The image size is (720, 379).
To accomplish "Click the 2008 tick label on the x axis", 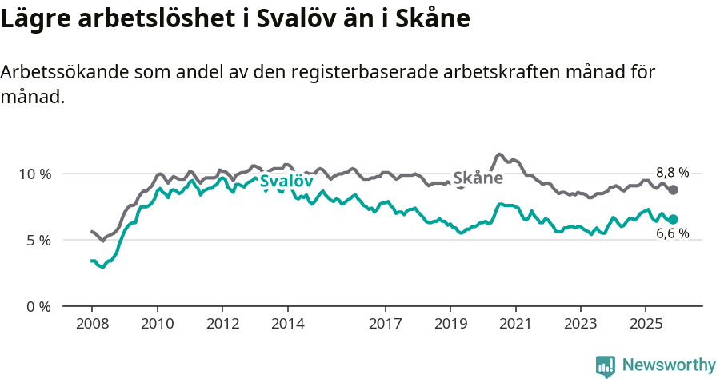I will click(x=92, y=325).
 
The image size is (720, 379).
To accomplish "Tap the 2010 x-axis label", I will click(x=158, y=325).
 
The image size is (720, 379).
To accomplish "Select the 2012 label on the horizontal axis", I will click(x=222, y=325).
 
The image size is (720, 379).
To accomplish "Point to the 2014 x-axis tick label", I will click(x=288, y=325).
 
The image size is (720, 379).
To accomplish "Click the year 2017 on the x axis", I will click(x=386, y=325).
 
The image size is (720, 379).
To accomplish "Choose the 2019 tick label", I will click(x=450, y=325).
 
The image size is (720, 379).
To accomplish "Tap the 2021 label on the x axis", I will click(x=515, y=325).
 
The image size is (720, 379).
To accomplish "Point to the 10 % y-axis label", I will click(x=34, y=174).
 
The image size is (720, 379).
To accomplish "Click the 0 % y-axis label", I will click(x=38, y=306).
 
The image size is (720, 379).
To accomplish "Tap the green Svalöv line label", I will click(x=286, y=182).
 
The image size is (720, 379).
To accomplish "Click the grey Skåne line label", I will click(x=478, y=178).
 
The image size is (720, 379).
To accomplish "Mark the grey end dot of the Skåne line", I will click(x=674, y=189).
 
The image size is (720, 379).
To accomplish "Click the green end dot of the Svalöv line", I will click(x=674, y=219).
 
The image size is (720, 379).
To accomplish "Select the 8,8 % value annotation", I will click(x=672, y=172).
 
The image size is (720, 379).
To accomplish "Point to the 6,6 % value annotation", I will click(x=672, y=234).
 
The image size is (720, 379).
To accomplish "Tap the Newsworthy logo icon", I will click(x=606, y=366).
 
